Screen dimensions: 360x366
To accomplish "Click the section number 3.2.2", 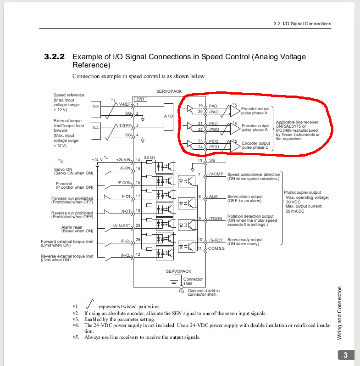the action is coord(54,57).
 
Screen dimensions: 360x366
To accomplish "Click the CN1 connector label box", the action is coord(140,100).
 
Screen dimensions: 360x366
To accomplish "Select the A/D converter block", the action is coord(169,117).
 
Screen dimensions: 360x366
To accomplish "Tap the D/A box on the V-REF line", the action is coord(95,109).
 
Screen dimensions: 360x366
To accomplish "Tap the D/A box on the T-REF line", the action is coord(95,131).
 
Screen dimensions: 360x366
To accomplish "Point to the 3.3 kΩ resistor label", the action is coord(149,158).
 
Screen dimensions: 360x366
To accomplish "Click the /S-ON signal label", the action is coord(125,168).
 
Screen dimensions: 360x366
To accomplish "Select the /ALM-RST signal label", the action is coord(122,226).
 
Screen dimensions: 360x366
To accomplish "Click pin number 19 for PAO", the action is coord(200,106).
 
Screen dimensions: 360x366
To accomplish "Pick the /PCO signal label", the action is coord(214,147).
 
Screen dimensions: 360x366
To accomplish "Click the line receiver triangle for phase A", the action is coord(235,111).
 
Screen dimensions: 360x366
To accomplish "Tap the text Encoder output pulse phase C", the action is coord(256,145).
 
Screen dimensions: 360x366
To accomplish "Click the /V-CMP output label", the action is coord(216,174).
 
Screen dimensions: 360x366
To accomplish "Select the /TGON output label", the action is coord(216,219).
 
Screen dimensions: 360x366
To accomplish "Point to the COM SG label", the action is coord(216,248).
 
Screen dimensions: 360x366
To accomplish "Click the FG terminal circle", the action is coord(182,287).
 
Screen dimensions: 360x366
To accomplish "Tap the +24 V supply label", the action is coord(97,160).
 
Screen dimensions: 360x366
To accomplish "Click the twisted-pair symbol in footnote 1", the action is coord(90,304).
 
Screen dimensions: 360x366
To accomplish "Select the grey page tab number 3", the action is coord(346,355).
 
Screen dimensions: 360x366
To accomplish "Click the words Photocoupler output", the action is coord(302,192).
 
